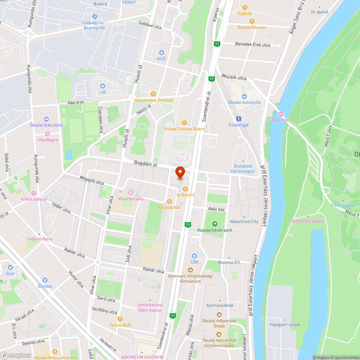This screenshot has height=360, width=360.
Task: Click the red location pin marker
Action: [x=180, y=172]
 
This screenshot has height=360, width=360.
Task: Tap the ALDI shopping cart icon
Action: [x=161, y=52]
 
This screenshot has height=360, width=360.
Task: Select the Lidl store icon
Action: [x=103, y=86]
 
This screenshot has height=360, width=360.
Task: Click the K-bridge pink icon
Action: [x=281, y=114]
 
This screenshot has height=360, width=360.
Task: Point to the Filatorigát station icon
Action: [x=239, y=119]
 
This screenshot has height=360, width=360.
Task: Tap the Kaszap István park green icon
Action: [x=215, y=224]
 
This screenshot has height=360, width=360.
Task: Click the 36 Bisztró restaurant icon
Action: [x=185, y=189]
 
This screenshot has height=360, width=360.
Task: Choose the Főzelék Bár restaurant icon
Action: [x=170, y=202]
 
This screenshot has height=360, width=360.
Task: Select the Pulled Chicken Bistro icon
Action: [x=184, y=122]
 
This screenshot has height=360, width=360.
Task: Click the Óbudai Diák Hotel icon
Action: [x=46, y=119]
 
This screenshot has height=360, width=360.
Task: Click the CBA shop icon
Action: [x=194, y=256]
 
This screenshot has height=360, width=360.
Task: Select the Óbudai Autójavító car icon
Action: [x=244, y=96]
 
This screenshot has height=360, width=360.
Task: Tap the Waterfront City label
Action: [x=244, y=222]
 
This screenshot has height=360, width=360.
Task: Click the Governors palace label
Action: [x=308, y=221]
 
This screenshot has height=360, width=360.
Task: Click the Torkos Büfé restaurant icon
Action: [x=120, y=319]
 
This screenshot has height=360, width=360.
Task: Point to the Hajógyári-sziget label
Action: [x=285, y=324]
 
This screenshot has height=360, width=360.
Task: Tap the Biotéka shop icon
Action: [x=45, y=280]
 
